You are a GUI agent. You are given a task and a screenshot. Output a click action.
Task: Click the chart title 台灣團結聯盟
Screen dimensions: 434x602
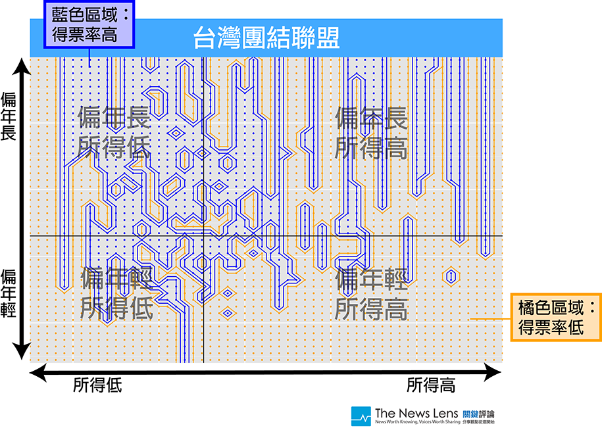[x=266, y=37]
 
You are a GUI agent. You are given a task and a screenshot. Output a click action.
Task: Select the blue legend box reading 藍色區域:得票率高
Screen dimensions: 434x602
[x=89, y=24]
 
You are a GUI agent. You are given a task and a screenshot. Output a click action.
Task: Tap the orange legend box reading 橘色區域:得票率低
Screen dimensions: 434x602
[x=556, y=317]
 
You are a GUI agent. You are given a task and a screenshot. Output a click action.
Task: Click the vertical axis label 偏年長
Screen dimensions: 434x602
[x=9, y=116]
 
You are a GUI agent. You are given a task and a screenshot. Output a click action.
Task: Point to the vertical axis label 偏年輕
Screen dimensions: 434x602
[x=9, y=292]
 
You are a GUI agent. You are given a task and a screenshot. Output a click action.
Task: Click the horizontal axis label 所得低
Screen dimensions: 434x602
[x=97, y=385]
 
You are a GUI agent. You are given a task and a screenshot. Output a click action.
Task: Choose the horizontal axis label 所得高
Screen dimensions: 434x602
[x=430, y=385]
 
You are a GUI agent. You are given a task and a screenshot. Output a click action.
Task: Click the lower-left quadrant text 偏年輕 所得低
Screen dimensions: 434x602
[x=116, y=293]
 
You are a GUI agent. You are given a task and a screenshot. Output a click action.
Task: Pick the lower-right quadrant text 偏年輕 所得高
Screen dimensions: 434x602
[x=371, y=293]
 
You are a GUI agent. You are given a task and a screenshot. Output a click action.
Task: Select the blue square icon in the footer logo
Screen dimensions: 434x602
[x=361, y=416]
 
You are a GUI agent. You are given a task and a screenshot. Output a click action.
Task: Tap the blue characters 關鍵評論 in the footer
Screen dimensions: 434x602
[x=479, y=414]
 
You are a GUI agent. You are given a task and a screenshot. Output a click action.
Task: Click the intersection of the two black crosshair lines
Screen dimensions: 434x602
[x=203, y=236]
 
